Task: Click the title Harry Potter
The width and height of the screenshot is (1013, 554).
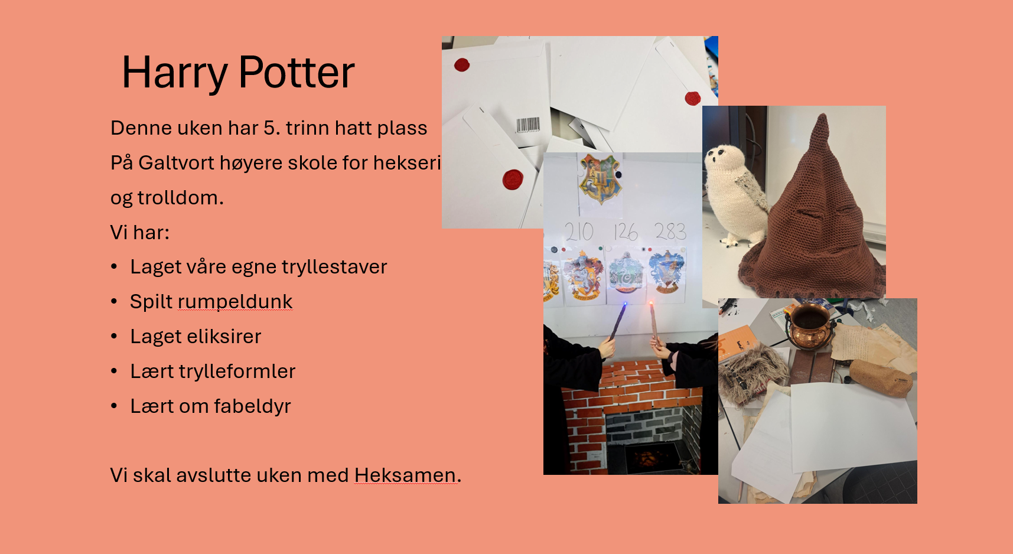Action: [x=238, y=73]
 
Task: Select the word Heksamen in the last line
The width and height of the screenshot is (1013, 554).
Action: [x=405, y=475]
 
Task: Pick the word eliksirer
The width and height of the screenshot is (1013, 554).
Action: [x=225, y=336]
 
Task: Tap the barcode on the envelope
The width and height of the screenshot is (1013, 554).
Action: [x=527, y=125]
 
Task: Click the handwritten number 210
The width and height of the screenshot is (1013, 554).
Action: [x=579, y=232]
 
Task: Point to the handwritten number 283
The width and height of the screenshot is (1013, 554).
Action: [x=670, y=231]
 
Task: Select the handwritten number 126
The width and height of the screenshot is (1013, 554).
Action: [x=626, y=232]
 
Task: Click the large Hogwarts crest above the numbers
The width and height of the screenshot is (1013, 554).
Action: [x=600, y=179]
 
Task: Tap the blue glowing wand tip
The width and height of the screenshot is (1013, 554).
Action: [x=625, y=305]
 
